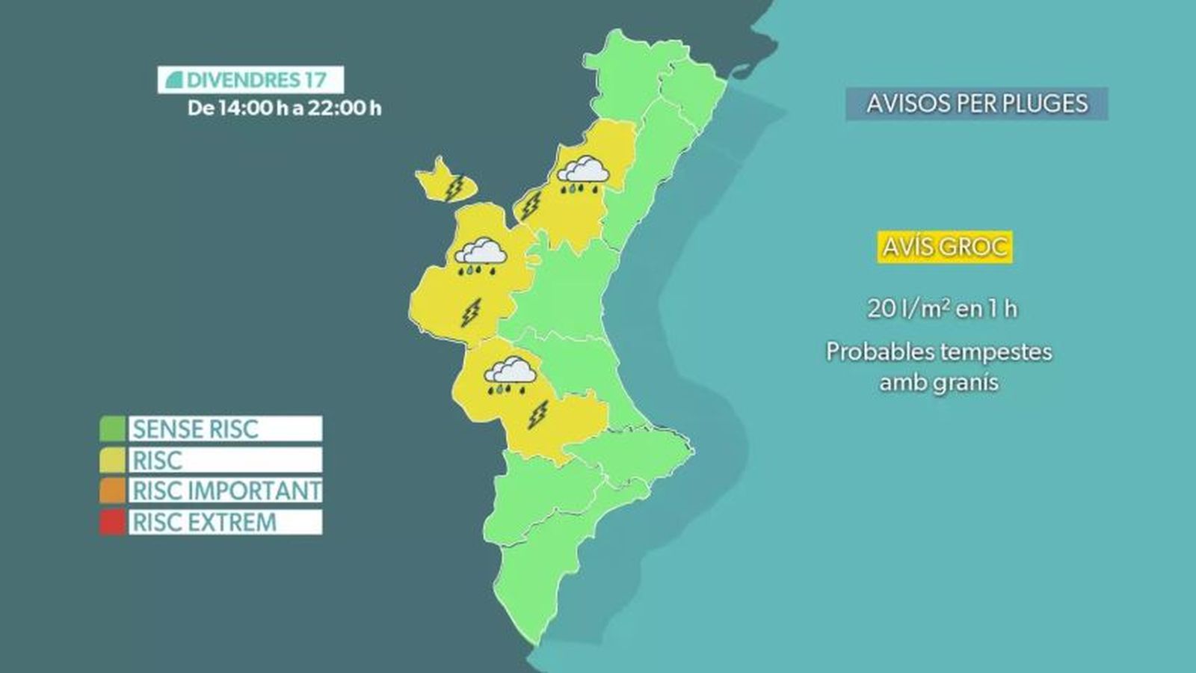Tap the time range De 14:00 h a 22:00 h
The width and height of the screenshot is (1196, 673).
tap(284, 108)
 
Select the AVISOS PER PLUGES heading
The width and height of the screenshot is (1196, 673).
tap(977, 104)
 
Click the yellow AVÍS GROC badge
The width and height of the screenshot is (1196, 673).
tap(944, 247)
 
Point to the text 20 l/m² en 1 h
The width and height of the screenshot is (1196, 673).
tap(942, 308)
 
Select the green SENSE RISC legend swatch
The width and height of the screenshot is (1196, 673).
tap(112, 429)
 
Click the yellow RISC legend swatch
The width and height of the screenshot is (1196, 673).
tap(112, 460)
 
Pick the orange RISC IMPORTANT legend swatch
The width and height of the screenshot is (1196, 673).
tap(112, 491)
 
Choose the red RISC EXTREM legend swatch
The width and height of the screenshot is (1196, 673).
tap(112, 522)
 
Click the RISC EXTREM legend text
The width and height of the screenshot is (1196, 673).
tap(204, 522)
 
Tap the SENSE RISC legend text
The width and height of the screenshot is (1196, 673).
tap(195, 429)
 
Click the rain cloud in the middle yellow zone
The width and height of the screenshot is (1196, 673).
tap(481, 255)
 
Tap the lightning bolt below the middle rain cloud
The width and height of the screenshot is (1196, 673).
tap(470, 312)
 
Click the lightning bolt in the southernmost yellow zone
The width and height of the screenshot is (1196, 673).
tap(537, 414)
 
